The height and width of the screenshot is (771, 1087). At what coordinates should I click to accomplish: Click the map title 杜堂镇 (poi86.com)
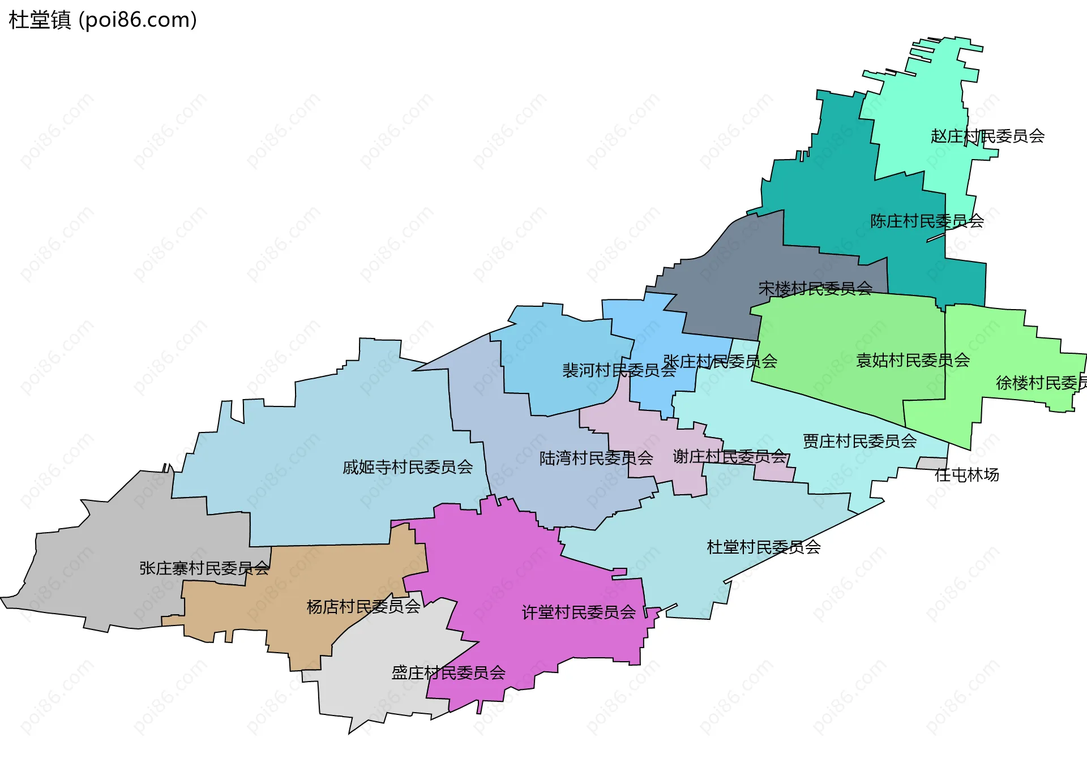coord(102,20)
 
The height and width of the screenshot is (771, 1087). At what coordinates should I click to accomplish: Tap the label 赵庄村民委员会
coord(987,136)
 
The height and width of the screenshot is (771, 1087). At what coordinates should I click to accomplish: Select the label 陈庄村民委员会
coord(927,221)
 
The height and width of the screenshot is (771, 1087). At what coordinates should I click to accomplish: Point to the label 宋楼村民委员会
coord(815,289)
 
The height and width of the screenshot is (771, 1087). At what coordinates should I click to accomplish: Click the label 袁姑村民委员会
coord(913,361)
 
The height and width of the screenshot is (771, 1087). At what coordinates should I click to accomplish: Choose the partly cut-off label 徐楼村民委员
coord(1041,383)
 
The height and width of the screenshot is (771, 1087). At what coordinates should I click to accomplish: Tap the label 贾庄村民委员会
coord(859,442)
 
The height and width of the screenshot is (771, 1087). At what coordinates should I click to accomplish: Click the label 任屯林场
coord(966,475)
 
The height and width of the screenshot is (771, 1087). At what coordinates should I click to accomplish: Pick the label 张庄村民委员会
coord(720,362)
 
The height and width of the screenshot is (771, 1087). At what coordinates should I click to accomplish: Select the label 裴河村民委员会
coord(619,371)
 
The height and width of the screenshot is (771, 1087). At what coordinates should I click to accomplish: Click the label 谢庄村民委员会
coord(730,457)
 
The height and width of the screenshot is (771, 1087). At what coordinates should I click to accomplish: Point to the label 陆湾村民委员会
coord(596,459)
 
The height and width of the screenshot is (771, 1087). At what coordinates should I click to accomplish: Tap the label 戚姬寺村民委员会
coord(408,468)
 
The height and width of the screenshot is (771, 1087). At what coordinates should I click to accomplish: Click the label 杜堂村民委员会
coord(764,547)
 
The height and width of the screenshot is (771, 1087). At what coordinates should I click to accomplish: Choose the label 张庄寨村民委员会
coord(204,568)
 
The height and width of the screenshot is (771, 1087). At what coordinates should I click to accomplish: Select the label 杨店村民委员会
coord(363,607)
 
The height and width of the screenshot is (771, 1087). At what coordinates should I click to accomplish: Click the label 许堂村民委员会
coord(579,612)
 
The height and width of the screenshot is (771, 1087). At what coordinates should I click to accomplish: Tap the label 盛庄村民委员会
coord(448,673)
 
